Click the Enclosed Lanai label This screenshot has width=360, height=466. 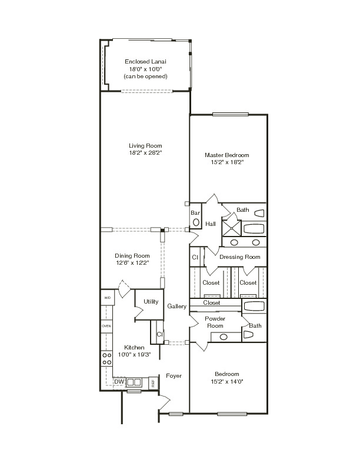tap(145, 62)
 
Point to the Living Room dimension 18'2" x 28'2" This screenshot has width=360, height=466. tap(145, 153)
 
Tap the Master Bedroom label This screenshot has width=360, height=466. tap(227, 155)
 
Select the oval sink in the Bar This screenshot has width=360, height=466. tap(196, 222)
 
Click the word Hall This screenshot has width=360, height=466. tap(211, 224)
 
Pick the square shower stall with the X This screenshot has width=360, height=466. tap(232, 228)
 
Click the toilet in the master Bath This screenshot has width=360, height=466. tap(259, 213)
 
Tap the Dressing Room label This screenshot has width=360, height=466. tap(239, 257)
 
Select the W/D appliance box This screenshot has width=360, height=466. tap(108, 298)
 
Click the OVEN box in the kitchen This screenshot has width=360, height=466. tap(106, 326)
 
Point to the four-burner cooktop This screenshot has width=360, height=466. tap(106, 359)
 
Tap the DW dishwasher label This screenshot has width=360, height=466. tap(119, 382)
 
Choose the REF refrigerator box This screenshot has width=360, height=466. tap(153, 383)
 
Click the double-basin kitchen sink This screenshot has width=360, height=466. tap(134, 382)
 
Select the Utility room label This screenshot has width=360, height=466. tap(151, 302)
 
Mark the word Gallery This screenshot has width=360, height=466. tap(176, 306)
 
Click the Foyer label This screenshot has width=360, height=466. tap(174, 375)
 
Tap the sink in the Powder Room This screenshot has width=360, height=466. tap(224, 337)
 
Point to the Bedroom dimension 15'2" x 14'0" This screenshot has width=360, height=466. tap(227, 382)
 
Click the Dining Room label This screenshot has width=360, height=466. tap(132, 255)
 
